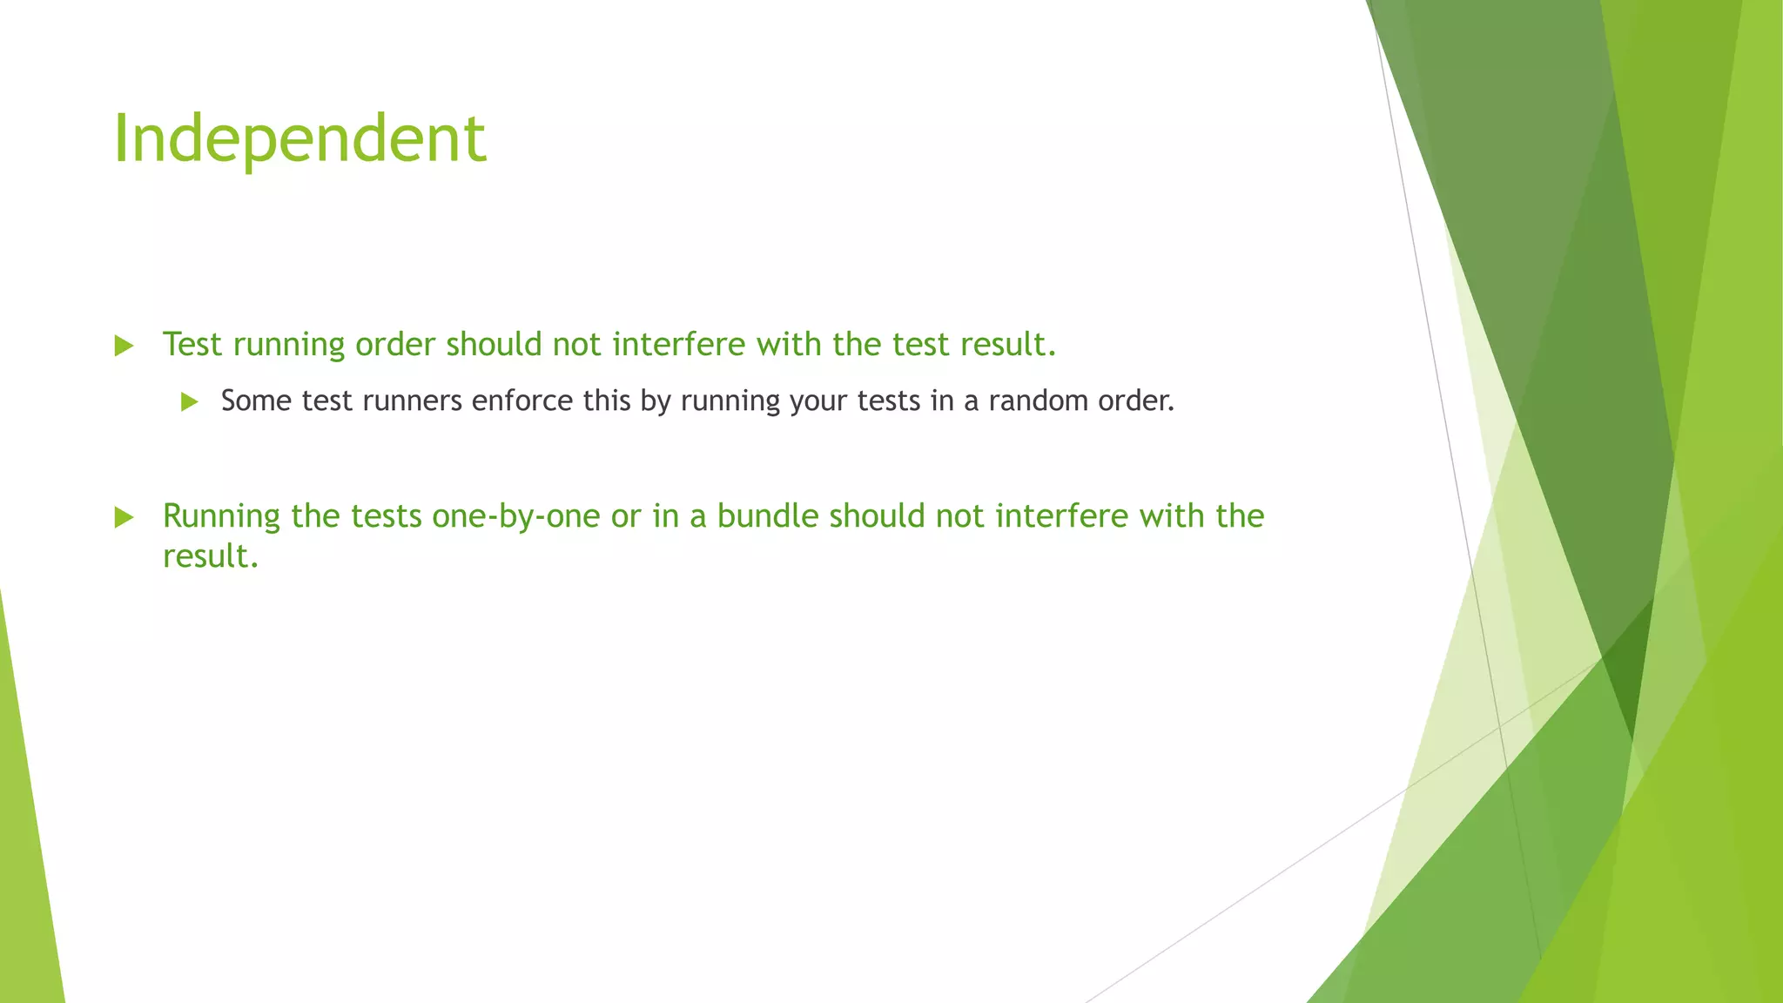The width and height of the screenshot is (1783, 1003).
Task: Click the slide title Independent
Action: point(299,139)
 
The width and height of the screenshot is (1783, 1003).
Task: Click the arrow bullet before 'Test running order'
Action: point(124,347)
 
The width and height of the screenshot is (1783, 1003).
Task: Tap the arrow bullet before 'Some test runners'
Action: point(190,402)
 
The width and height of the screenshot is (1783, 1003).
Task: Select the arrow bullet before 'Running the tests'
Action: point(124,518)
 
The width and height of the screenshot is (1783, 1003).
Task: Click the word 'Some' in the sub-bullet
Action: point(256,401)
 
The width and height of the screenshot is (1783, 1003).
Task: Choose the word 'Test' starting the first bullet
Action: point(192,345)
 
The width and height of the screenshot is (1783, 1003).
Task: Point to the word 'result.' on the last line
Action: point(211,556)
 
